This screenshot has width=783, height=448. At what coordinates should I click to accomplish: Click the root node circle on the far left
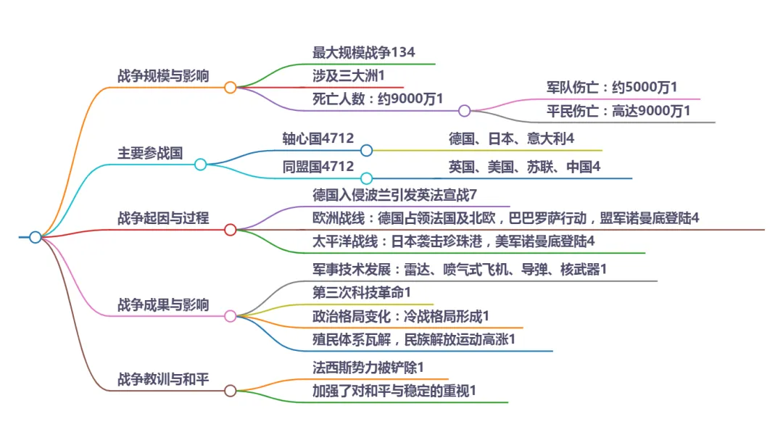35,237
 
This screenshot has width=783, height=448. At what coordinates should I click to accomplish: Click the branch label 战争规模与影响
163,76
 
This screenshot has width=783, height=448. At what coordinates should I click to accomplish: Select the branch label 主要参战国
150,153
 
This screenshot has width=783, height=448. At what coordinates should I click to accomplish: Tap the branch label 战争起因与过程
163,218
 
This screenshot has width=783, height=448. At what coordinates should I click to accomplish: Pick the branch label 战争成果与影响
163,304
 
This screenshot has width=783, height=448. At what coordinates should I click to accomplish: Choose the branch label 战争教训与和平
163,379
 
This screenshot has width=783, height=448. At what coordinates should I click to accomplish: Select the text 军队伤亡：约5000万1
612,88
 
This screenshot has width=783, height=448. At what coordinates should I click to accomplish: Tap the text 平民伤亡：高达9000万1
618,111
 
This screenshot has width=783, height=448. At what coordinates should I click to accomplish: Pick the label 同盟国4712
318,167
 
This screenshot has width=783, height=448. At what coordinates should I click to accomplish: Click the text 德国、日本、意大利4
512,138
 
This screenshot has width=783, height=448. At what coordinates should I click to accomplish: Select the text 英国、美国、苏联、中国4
525,167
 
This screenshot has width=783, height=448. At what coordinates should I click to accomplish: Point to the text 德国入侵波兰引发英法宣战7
394,195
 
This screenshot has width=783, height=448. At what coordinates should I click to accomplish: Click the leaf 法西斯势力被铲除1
368,368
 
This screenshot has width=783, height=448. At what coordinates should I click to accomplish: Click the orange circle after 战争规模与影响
231,88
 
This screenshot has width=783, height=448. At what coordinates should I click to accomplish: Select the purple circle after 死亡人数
465,111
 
